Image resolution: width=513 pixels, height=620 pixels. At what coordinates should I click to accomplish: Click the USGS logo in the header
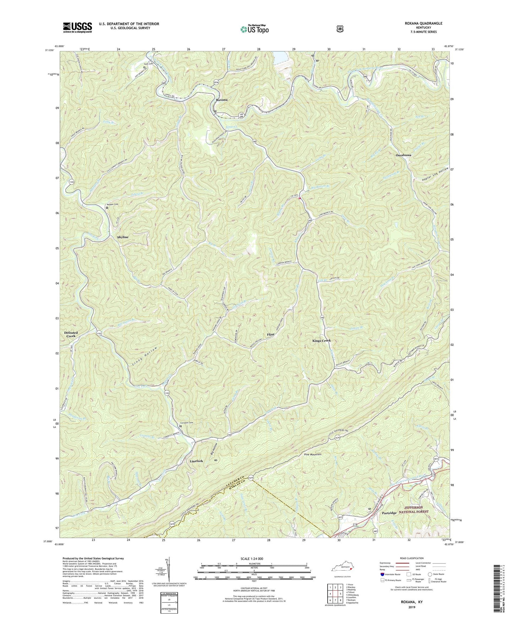click(77, 27)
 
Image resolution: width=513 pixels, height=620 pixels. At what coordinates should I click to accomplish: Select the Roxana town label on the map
click(222, 100)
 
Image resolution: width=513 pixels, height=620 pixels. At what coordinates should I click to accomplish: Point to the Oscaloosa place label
click(404, 156)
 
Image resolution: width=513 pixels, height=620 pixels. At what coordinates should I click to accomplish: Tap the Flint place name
click(271, 335)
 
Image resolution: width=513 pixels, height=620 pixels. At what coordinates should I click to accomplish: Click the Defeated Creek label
click(71, 335)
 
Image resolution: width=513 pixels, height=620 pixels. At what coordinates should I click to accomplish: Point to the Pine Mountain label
click(312, 455)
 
